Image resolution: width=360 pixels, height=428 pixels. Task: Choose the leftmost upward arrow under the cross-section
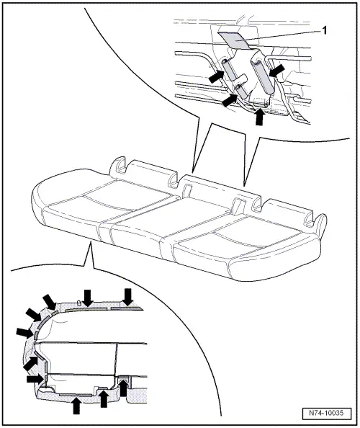[x=76, y=404]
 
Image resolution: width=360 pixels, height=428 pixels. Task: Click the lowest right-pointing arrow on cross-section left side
[x=34, y=378]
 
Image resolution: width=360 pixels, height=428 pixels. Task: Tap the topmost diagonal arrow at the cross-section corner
[x=50, y=301]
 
